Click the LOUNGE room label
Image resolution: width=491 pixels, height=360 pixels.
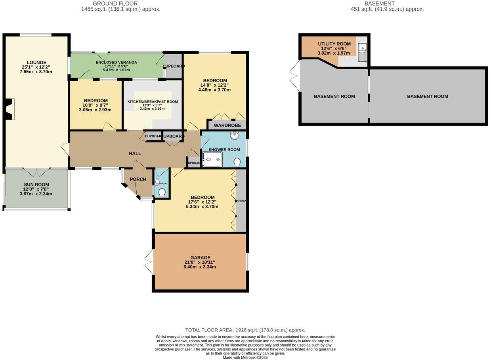pyautogui.click(x=36, y=62)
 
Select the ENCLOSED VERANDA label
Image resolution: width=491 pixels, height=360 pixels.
pyautogui.click(x=117, y=62)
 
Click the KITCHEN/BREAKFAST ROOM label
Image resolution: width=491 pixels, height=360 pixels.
pyautogui.click(x=153, y=102)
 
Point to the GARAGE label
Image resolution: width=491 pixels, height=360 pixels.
pyautogui.click(x=200, y=257)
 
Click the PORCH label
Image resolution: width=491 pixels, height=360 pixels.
pyautogui.click(x=138, y=179)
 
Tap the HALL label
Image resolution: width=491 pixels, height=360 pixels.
pyautogui.click(x=135, y=154)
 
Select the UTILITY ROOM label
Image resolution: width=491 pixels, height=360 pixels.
pyautogui.click(x=334, y=44)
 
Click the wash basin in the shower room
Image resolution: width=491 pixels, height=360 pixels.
pyautogui.click(x=235, y=136)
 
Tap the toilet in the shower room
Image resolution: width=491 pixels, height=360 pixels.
pyautogui.click(x=237, y=162)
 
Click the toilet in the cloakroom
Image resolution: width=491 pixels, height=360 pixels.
pyautogui.click(x=162, y=192)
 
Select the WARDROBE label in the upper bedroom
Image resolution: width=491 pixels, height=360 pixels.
pyautogui.click(x=227, y=126)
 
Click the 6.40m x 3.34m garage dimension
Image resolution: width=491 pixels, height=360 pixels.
pyautogui.click(x=200, y=267)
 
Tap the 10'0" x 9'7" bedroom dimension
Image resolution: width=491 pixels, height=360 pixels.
pyautogui.click(x=96, y=105)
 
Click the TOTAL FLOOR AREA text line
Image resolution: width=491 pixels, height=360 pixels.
pyautogui.click(x=245, y=330)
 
